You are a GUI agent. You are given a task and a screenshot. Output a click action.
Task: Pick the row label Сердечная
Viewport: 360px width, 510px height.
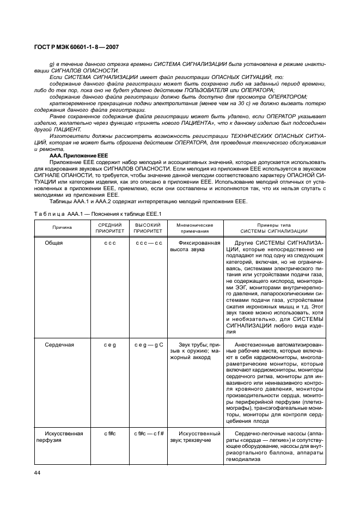tap(59, 345)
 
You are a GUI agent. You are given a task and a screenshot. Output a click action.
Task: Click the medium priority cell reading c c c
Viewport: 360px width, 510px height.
tap(111, 242)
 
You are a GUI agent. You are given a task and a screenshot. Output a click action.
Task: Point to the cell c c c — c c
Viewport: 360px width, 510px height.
tap(149, 242)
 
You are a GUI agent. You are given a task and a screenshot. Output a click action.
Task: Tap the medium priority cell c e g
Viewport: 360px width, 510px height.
tap(111, 345)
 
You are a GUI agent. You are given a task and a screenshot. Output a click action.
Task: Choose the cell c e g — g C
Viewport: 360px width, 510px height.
tap(149, 345)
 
